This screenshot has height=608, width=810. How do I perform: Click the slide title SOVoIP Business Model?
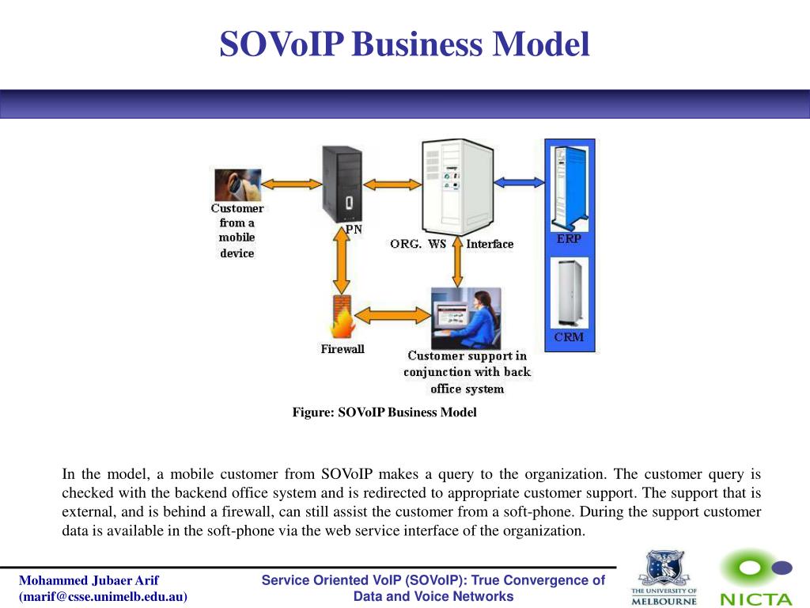click(404, 44)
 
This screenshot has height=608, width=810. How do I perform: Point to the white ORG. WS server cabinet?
click(458, 187)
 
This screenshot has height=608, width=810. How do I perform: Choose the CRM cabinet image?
click(570, 292)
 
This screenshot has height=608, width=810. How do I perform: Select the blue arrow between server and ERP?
click(520, 181)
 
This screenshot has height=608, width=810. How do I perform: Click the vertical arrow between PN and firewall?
click(342, 263)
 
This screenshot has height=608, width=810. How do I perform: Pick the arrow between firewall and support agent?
click(391, 313)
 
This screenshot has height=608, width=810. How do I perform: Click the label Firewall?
click(343, 349)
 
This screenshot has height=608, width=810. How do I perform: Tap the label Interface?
click(490, 244)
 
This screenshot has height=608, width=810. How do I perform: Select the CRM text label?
click(569, 337)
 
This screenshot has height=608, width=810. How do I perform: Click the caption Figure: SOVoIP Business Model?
click(384, 412)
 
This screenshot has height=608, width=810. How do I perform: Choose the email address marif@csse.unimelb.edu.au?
click(104, 597)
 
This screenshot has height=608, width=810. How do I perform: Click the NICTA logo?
click(755, 579)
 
